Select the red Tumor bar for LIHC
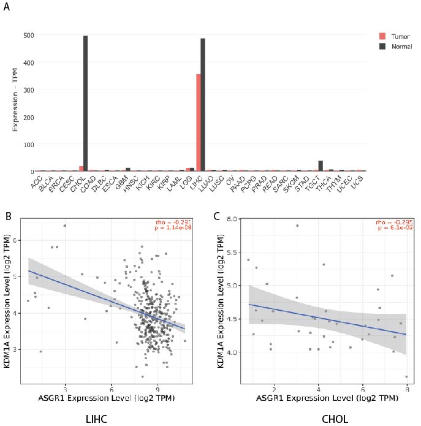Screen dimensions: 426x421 point(198,123)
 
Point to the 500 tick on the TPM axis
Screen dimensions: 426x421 point(28,35)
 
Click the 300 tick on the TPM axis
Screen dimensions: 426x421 point(28,89)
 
